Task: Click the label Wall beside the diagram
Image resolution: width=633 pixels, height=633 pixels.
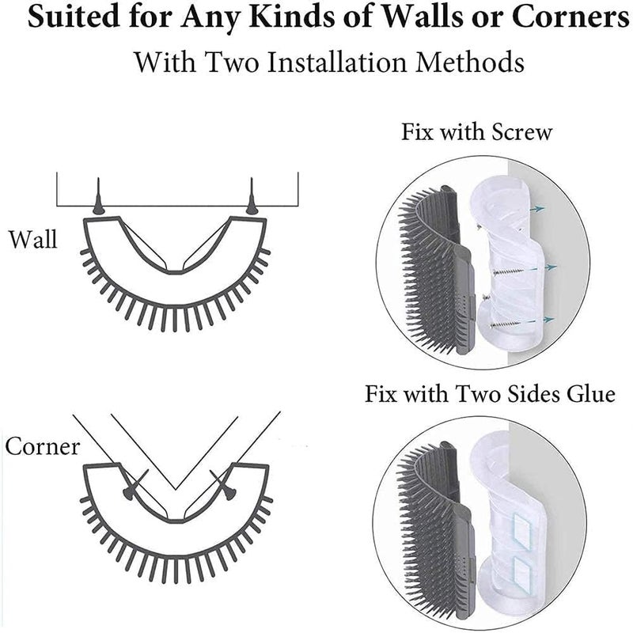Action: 32,239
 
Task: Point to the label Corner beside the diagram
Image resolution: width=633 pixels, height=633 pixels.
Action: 43,446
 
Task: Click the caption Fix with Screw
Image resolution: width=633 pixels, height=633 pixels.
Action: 476,131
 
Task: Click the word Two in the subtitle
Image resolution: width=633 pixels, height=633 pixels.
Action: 209,61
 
